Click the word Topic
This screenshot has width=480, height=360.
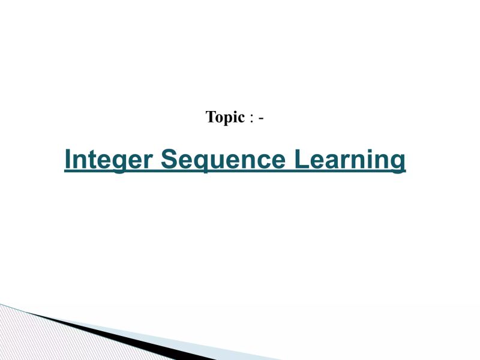coord(225,117)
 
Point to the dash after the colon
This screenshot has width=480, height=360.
coord(261,118)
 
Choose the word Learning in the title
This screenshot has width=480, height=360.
coord(350,160)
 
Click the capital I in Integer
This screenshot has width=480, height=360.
coord(68,160)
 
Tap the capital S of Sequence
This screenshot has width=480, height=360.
coord(170,160)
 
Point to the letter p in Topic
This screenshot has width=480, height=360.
coord(230,119)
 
